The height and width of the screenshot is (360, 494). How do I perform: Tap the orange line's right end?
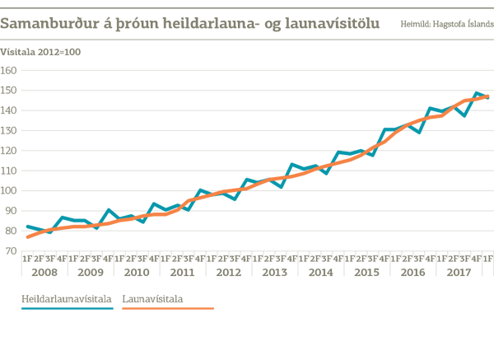[490, 96]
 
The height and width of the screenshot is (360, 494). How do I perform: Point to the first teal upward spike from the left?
[109, 204]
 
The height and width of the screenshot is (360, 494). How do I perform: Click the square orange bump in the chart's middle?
[228, 185]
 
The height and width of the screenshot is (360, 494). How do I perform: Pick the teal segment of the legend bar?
[69, 306]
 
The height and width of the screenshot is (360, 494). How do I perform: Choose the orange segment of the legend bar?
[156, 306]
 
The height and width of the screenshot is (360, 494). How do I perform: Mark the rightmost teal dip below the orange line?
[464, 118]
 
